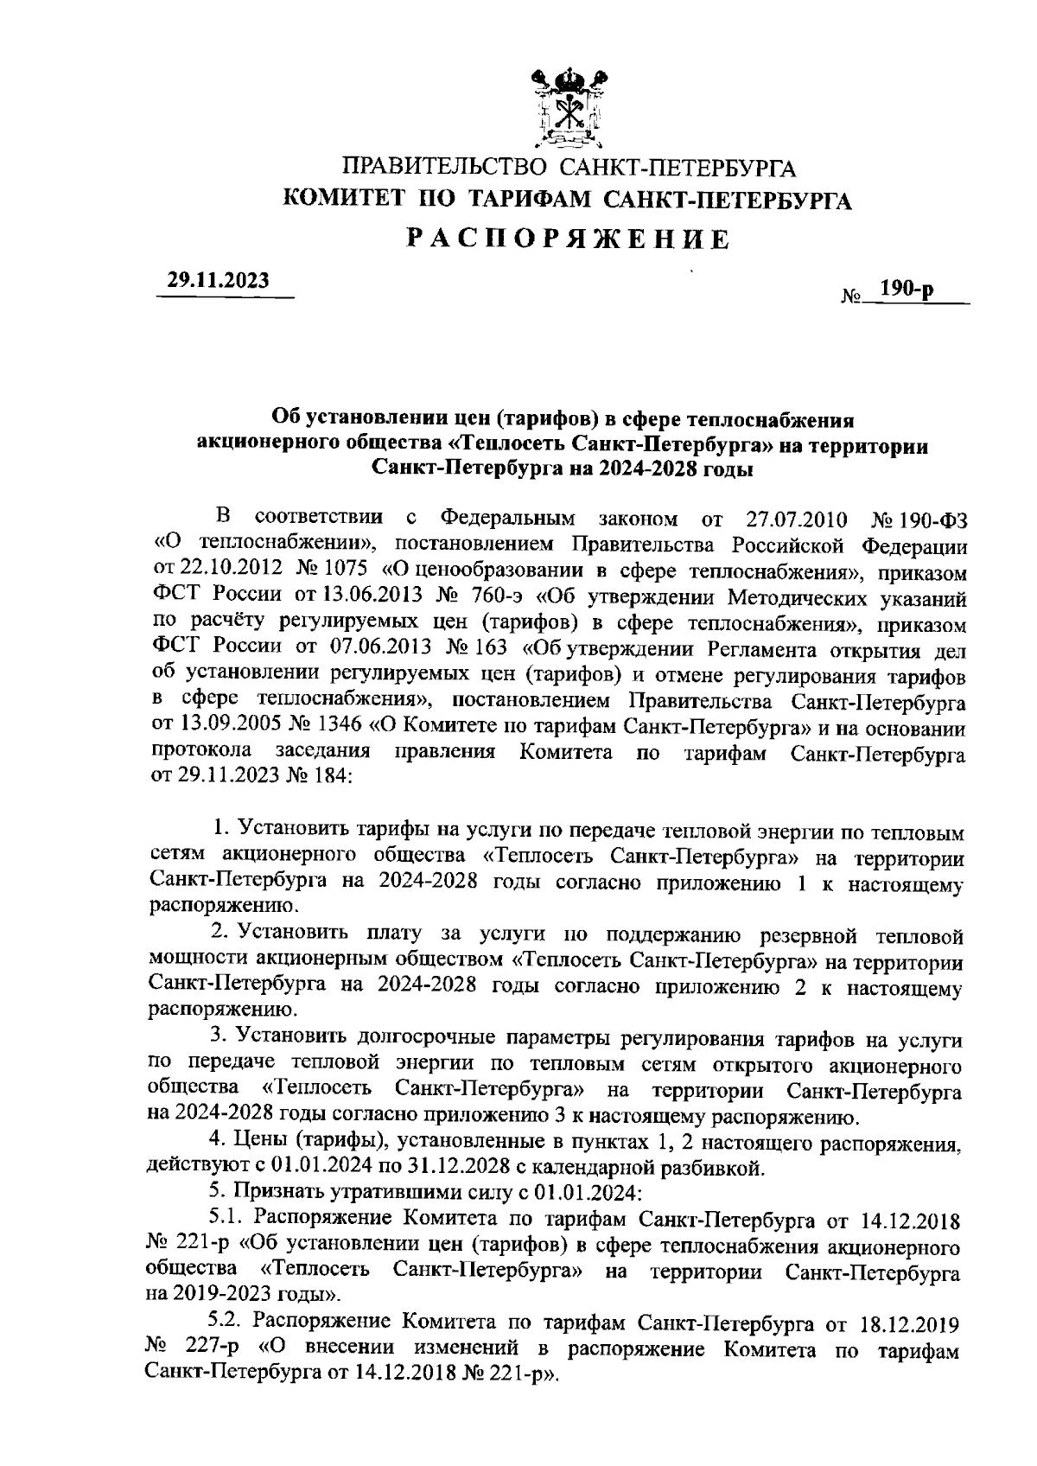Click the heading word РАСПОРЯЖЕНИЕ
tap(569, 239)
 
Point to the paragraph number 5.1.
tap(228, 1220)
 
